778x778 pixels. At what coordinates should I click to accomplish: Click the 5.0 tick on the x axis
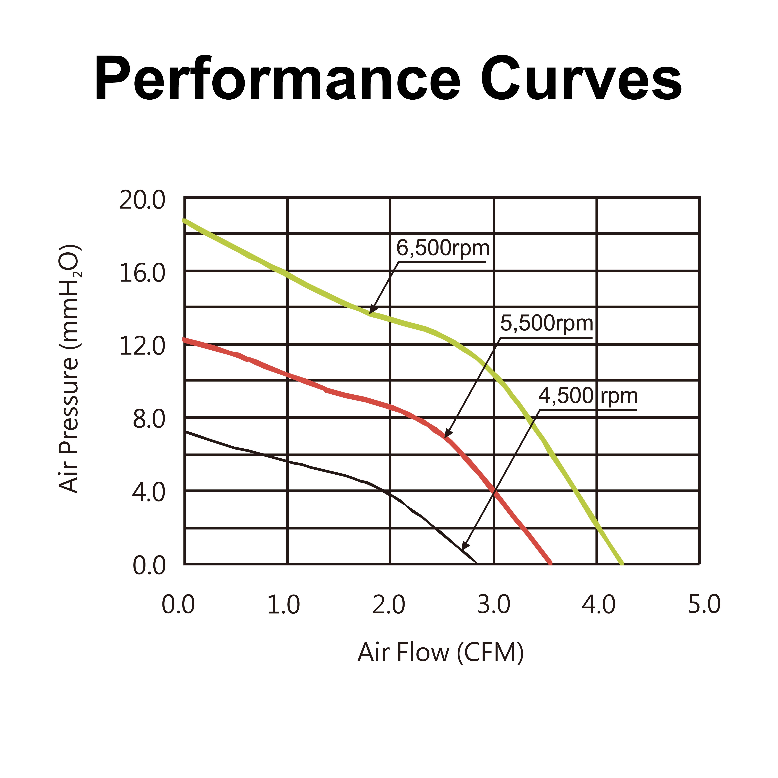tap(704, 605)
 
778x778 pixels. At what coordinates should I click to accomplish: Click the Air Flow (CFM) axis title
tap(441, 652)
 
